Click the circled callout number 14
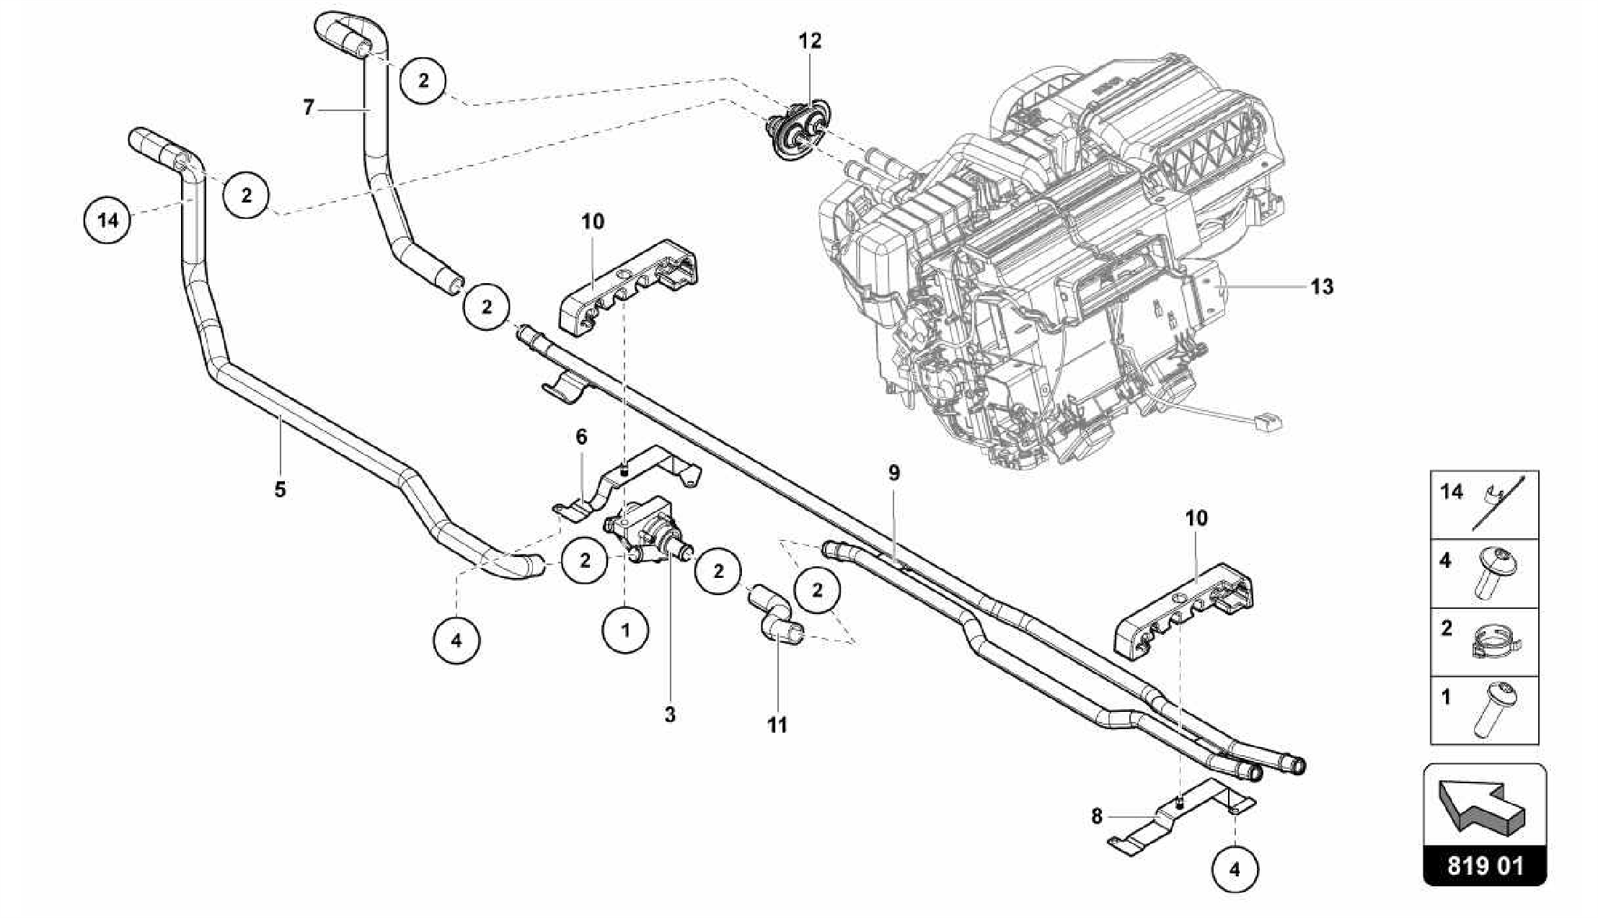(108, 221)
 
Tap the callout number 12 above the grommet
(810, 41)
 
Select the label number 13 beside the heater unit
(1322, 287)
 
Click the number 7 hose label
(309, 108)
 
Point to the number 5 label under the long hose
(280, 490)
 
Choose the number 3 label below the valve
(670, 714)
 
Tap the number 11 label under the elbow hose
(777, 725)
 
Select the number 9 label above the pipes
(893, 473)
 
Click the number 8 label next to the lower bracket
(1097, 817)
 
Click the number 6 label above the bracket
(581, 437)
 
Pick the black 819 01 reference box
(1485, 867)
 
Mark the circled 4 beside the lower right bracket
(1234, 869)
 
